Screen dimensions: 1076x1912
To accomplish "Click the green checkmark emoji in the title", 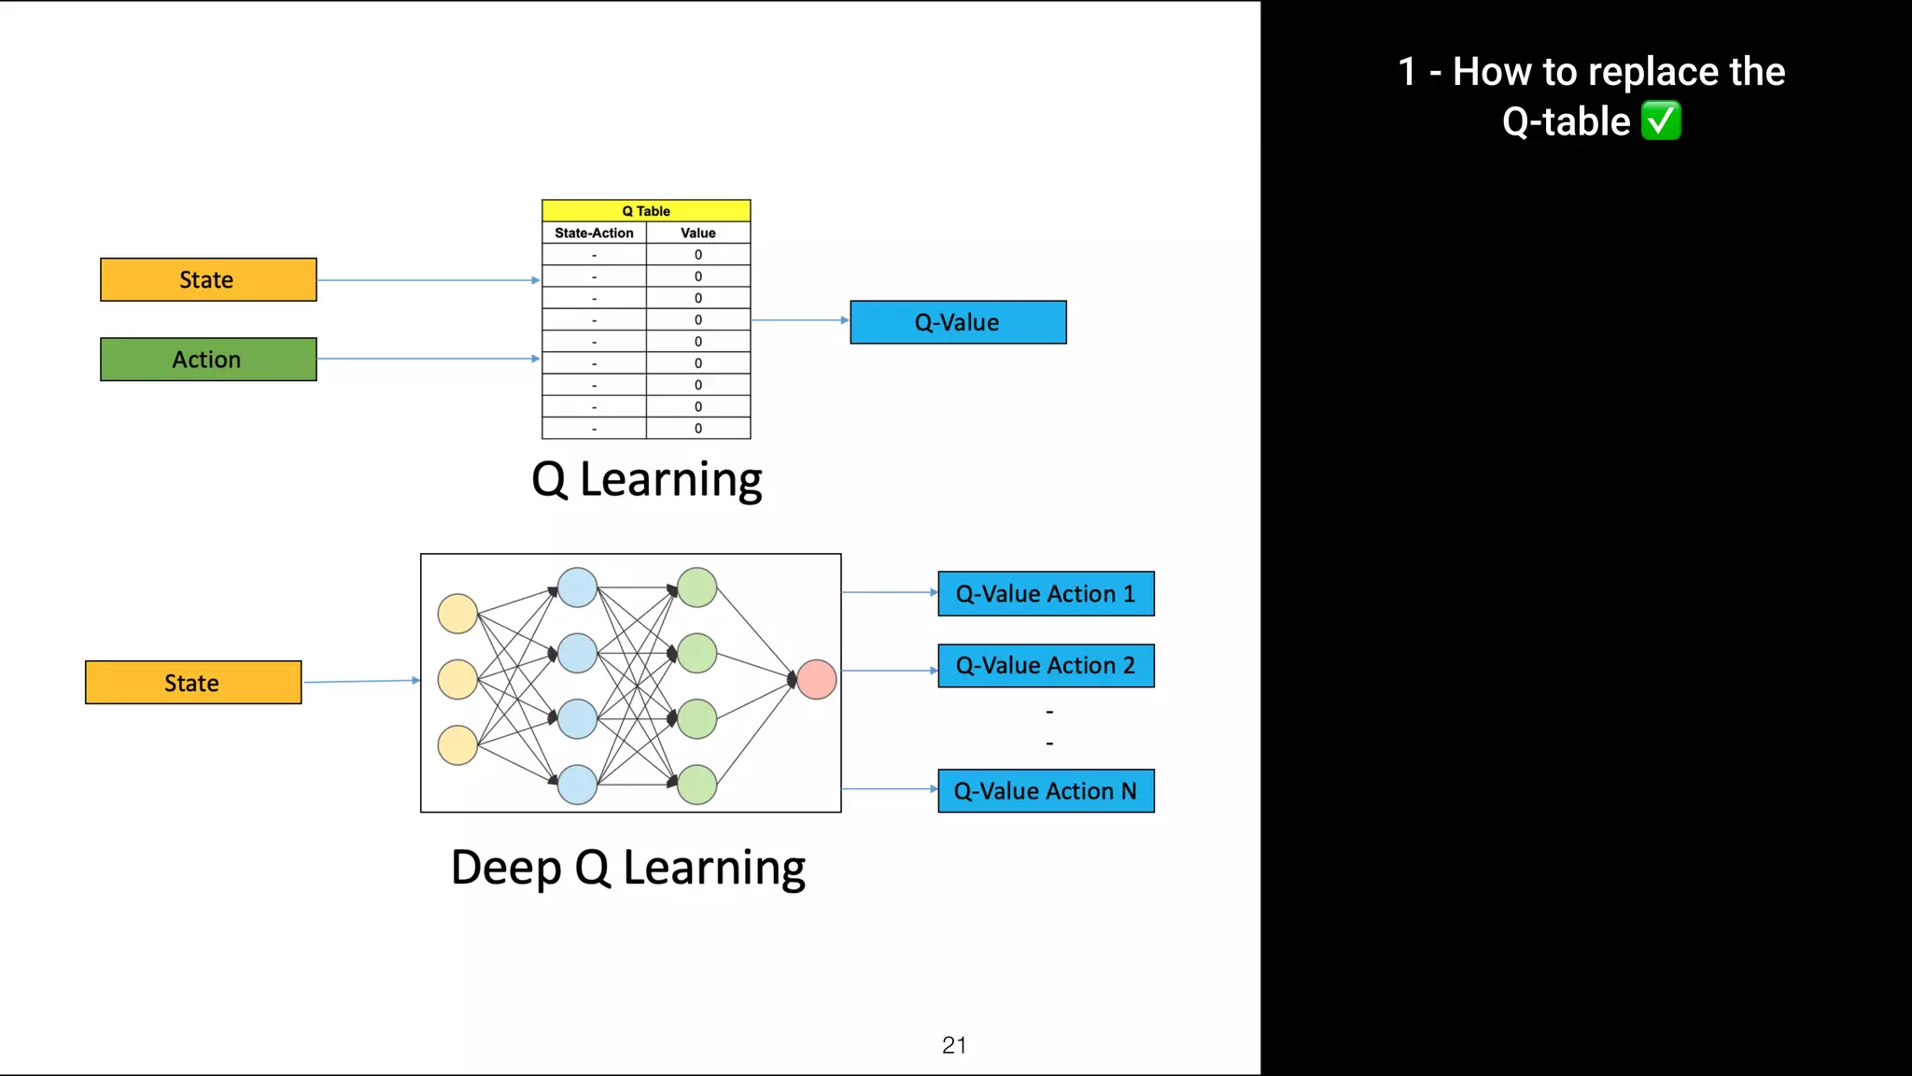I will tap(1661, 121).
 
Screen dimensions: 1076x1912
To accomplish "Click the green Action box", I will tap(208, 360).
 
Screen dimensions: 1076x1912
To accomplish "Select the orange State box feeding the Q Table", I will tap(208, 279).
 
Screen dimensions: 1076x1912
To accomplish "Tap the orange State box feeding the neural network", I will tap(193, 683).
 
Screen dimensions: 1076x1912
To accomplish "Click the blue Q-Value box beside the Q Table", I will tap(958, 322).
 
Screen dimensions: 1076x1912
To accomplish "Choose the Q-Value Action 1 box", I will tap(1046, 594).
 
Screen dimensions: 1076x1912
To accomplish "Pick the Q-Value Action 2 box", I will tap(1046, 666).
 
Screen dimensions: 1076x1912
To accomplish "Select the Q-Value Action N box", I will tap(1046, 791).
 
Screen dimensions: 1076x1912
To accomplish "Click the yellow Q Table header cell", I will tap(646, 211).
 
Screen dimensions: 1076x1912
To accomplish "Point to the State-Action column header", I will tap(594, 233).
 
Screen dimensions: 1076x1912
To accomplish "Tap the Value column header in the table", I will tap(698, 233).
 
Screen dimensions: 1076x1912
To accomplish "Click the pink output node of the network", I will tap(817, 679).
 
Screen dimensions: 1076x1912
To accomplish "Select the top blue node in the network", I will tap(577, 588).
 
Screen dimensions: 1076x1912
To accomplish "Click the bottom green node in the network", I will tap(697, 785).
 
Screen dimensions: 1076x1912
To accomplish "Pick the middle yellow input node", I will tap(457, 679).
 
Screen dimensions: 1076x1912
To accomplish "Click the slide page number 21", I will tap(954, 1045).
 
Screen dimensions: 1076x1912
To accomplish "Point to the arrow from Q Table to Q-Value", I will tap(800, 320).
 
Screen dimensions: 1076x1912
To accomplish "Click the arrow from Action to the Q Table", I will tap(428, 359).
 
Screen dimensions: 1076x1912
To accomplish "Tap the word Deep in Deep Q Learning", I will tap(506, 868).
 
